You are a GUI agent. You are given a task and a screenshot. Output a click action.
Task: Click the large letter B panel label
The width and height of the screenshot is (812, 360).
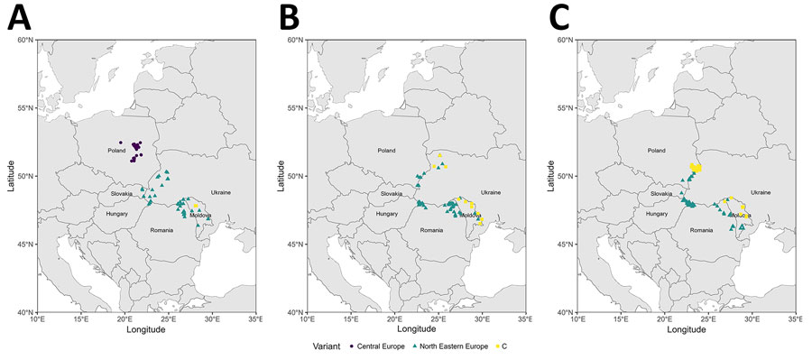[x=288, y=15]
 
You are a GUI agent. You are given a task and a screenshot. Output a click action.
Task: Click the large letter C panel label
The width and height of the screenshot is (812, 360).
[x=558, y=15]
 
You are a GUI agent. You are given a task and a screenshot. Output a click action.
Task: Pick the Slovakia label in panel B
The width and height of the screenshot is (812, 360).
[x=392, y=194]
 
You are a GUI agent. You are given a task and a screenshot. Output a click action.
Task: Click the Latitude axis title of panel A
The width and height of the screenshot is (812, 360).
[x=8, y=176]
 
